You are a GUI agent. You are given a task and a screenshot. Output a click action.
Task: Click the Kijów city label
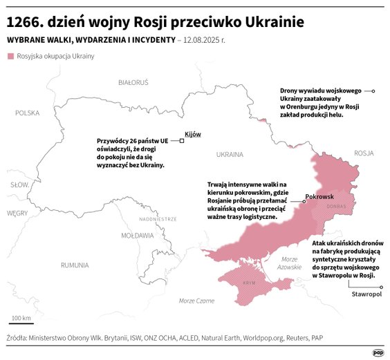coord(193,134)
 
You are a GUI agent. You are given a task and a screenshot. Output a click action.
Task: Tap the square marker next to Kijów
coord(181,140)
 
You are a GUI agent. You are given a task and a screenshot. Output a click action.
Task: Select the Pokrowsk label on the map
coord(319,198)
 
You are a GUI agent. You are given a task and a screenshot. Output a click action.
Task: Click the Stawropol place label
coord(366,294)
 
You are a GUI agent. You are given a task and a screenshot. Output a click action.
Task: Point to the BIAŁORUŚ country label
coord(133,82)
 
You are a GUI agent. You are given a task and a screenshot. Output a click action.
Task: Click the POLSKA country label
coord(28,113)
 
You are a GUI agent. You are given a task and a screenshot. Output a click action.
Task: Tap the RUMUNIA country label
coord(74,265)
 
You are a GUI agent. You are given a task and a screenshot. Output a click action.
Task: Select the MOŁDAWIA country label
coord(138,235)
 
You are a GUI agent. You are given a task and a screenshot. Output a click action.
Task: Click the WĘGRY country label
coord(17,214)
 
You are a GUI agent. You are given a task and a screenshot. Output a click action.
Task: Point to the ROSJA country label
coord(363,153)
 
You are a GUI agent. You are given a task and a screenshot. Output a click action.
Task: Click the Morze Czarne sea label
coord(196,301)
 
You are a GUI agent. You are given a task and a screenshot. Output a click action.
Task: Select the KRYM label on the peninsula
coord(250,283)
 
